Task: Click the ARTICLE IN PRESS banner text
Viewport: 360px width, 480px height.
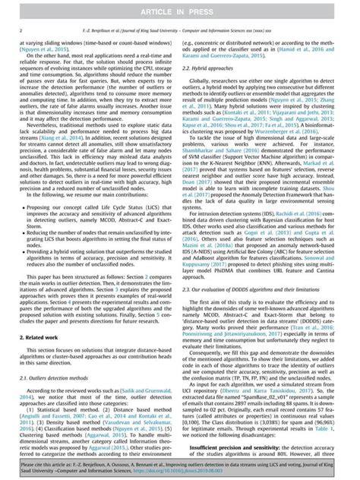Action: (x=180, y=8)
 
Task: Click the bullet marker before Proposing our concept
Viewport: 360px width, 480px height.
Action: (x=26, y=205)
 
